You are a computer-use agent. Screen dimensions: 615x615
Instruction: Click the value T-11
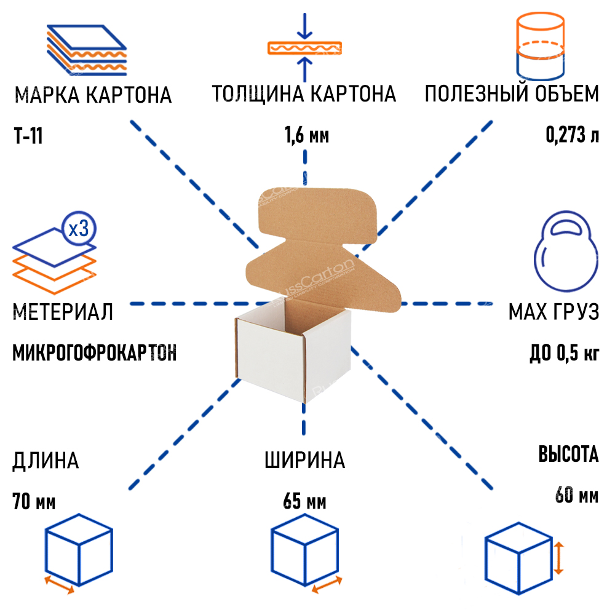pyautogui.click(x=28, y=136)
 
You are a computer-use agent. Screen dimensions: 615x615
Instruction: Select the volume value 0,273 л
pyautogui.click(x=572, y=135)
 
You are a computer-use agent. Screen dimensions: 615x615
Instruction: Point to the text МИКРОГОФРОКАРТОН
pyautogui.click(x=94, y=354)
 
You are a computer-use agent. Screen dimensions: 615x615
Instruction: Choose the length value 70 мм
pyautogui.click(x=34, y=502)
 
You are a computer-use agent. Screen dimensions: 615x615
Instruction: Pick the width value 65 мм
pyautogui.click(x=304, y=502)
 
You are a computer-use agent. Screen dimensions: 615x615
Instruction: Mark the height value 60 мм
pyautogui.click(x=576, y=494)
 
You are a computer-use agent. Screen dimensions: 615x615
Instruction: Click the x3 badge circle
pyautogui.click(x=79, y=229)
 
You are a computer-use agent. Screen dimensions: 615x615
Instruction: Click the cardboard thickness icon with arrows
pyautogui.click(x=304, y=47)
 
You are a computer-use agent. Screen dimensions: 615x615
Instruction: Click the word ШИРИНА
pyautogui.click(x=304, y=460)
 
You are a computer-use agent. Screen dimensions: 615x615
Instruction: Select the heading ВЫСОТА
pyautogui.click(x=568, y=455)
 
